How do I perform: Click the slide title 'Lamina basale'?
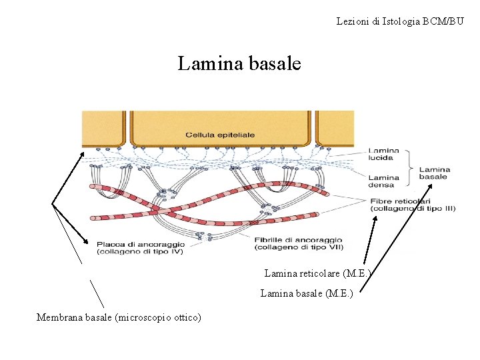[x=239, y=64]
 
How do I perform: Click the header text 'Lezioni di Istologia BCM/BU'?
[x=400, y=22]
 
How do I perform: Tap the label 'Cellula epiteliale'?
[x=220, y=135]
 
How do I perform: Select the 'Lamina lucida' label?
[x=383, y=155]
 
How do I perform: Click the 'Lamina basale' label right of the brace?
[x=434, y=173]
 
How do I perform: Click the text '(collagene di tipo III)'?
[x=413, y=208]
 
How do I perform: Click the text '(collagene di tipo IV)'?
[x=139, y=251]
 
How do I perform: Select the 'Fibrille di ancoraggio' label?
[x=298, y=240]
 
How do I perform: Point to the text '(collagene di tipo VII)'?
[x=297, y=248]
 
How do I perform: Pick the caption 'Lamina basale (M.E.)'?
[x=306, y=293]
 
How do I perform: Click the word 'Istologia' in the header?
[x=396, y=22]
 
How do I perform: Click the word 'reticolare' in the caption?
[x=317, y=273]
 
